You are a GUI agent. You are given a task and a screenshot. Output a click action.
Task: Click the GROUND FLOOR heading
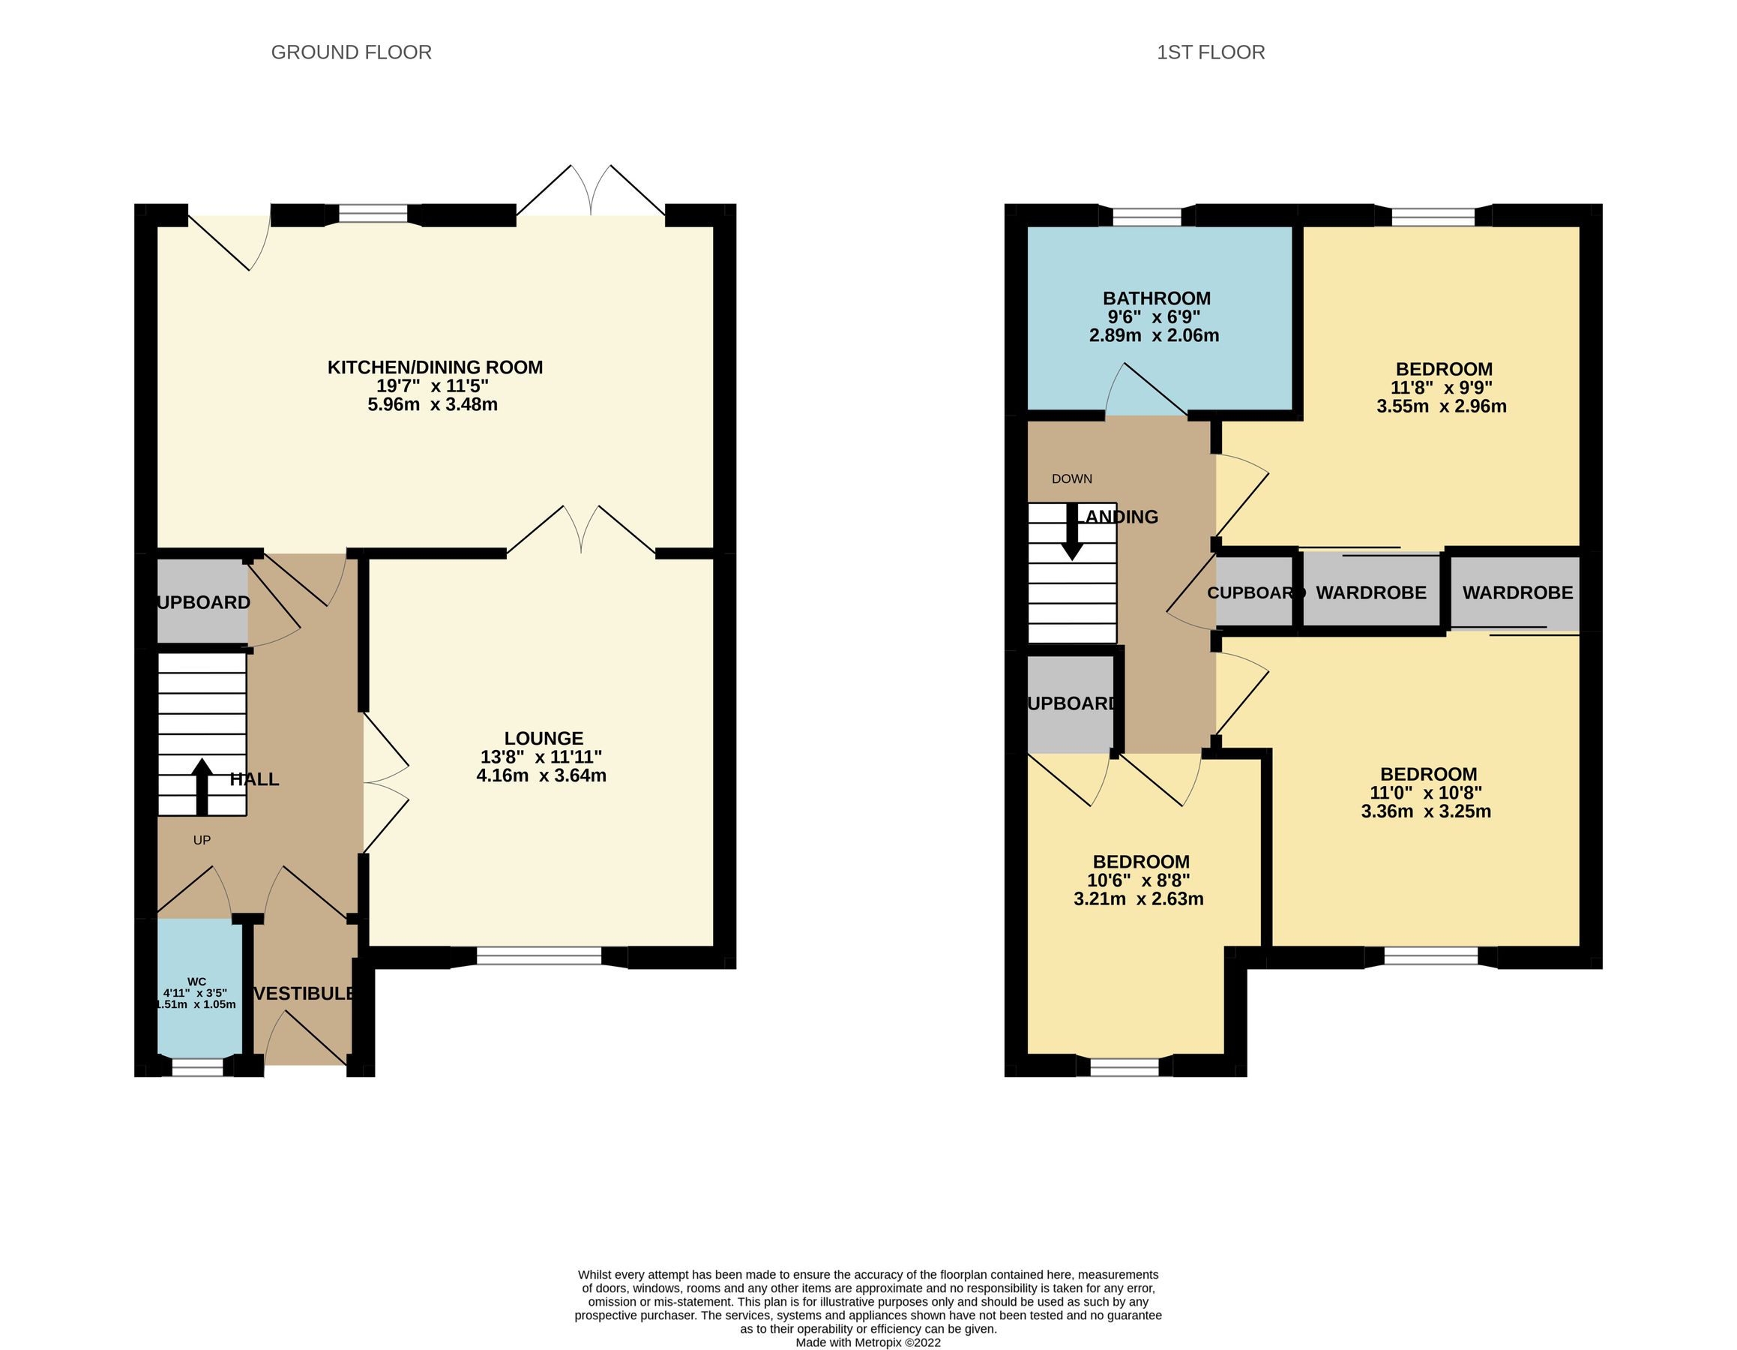click(351, 52)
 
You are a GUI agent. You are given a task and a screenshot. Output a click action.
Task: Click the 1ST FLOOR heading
click(1210, 52)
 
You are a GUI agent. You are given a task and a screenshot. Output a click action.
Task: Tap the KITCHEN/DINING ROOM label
click(435, 367)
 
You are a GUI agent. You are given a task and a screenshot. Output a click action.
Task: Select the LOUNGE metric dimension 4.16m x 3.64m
click(541, 775)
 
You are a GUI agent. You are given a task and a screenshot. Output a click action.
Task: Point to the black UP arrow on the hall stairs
click(201, 786)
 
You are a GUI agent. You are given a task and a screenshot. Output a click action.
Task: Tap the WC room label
click(196, 982)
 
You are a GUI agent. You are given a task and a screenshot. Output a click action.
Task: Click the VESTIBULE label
click(304, 994)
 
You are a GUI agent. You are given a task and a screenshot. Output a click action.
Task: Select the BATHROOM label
click(1157, 298)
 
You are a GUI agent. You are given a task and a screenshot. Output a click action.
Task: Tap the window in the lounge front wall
click(538, 956)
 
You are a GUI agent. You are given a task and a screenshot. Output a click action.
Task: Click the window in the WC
click(198, 1066)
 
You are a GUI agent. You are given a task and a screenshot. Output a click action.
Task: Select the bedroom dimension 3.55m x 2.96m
click(1441, 406)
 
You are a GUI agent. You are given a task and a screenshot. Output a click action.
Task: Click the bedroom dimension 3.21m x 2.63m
click(1138, 900)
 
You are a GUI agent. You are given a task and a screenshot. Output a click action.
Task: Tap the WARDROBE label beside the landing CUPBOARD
click(1370, 592)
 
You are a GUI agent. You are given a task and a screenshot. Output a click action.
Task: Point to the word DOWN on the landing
click(1071, 479)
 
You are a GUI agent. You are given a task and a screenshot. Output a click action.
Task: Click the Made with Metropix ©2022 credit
click(867, 1342)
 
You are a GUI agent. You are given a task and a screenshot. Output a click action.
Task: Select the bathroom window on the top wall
click(1147, 215)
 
